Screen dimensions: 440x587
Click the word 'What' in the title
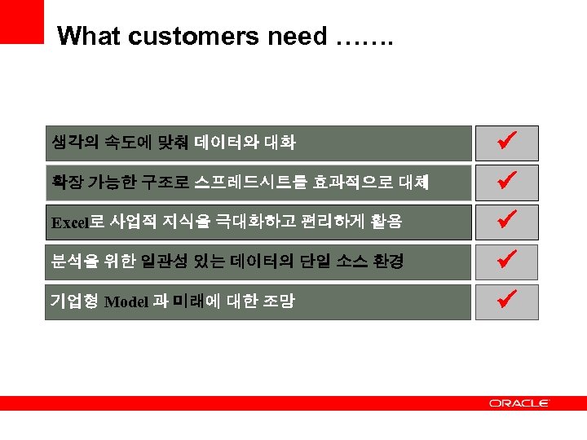click(88, 36)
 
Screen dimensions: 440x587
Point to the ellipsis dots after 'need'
click(364, 37)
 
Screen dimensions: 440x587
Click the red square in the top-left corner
click(21, 21)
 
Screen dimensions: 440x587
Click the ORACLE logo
click(519, 403)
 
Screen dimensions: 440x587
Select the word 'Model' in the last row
click(126, 302)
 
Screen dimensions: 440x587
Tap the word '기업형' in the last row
click(75, 301)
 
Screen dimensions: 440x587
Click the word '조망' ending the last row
click(280, 301)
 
